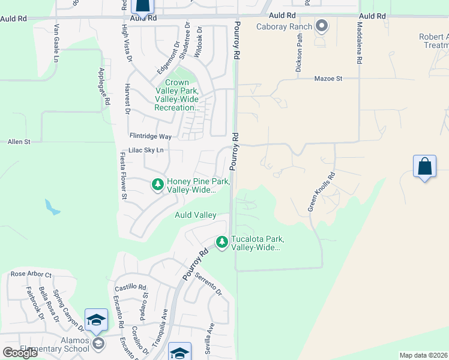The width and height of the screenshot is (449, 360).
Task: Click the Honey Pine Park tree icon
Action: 158,185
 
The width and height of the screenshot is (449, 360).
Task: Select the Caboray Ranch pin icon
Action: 322,26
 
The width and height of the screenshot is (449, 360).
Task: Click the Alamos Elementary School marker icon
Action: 98,344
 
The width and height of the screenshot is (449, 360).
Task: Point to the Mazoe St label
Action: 328,79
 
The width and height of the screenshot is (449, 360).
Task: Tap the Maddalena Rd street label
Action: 360,44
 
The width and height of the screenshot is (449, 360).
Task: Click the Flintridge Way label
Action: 151,136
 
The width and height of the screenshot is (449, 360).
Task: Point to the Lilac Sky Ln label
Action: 146,151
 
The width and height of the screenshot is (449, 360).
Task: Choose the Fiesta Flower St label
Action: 123,176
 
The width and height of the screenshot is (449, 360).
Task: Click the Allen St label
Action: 19,142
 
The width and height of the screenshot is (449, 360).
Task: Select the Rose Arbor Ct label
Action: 31,274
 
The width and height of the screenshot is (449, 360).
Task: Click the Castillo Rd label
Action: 131,287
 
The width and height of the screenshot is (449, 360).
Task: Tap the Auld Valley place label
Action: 195,215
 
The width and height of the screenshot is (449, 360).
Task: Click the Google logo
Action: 20,352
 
